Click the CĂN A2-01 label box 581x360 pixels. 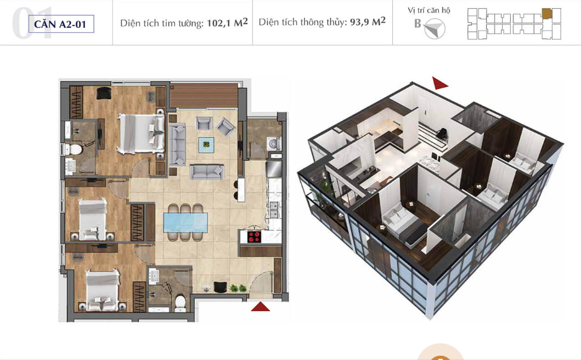click(x=61, y=24)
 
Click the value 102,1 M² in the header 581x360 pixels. click(x=227, y=22)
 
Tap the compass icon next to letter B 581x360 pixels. click(x=435, y=29)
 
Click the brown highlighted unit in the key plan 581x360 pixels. click(x=547, y=13)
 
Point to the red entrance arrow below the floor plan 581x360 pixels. click(x=261, y=306)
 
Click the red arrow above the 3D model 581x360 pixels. click(x=440, y=83)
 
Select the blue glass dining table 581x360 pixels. click(x=186, y=223)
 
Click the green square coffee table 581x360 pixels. click(x=206, y=145)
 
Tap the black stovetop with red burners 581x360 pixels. click(x=254, y=236)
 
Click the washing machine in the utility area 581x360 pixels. click(x=274, y=144)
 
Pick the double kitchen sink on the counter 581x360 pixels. click(x=274, y=210)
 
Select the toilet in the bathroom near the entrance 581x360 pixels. click(x=181, y=302)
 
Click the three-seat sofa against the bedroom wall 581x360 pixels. click(x=177, y=145)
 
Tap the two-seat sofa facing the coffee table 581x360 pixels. click(x=207, y=172)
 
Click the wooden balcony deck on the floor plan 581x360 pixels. click(x=204, y=96)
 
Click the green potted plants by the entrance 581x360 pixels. click(x=238, y=288)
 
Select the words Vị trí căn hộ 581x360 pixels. click(x=429, y=11)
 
